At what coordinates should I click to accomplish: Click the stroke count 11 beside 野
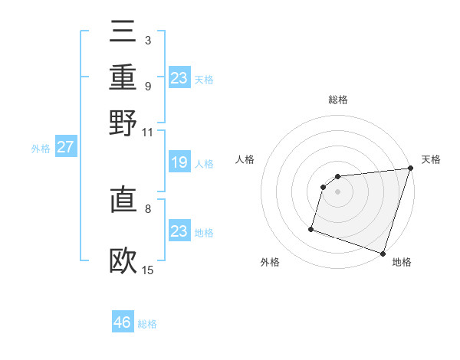tap(148, 133)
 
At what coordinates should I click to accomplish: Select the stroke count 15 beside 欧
tap(148, 269)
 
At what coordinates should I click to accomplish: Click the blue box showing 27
tap(65, 147)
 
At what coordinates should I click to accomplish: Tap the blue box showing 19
tap(179, 162)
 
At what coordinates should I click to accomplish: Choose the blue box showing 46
tap(123, 322)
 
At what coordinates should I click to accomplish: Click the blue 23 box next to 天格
tap(179, 77)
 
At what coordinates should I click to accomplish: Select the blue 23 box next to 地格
tap(179, 231)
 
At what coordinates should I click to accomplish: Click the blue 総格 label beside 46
tap(147, 324)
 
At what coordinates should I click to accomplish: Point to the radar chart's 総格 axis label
tap(338, 100)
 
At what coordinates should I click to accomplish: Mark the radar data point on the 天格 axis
tap(409, 169)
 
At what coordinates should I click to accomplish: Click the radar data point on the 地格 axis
tap(383, 253)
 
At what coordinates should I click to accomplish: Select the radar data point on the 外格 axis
tap(311, 227)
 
